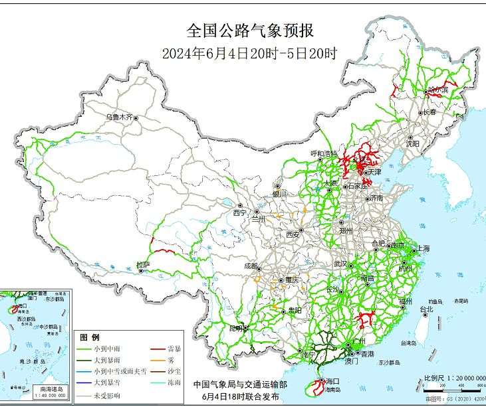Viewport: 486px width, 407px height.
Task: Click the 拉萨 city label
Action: tap(143, 265)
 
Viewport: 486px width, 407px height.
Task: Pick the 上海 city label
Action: tap(422, 248)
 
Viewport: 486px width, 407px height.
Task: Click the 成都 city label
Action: tap(251, 265)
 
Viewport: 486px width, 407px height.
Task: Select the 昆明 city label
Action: tap(235, 328)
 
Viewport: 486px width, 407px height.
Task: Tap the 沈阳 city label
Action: tap(413, 143)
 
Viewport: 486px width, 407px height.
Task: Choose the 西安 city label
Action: tap(293, 234)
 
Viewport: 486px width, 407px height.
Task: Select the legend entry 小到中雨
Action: tap(108, 349)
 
